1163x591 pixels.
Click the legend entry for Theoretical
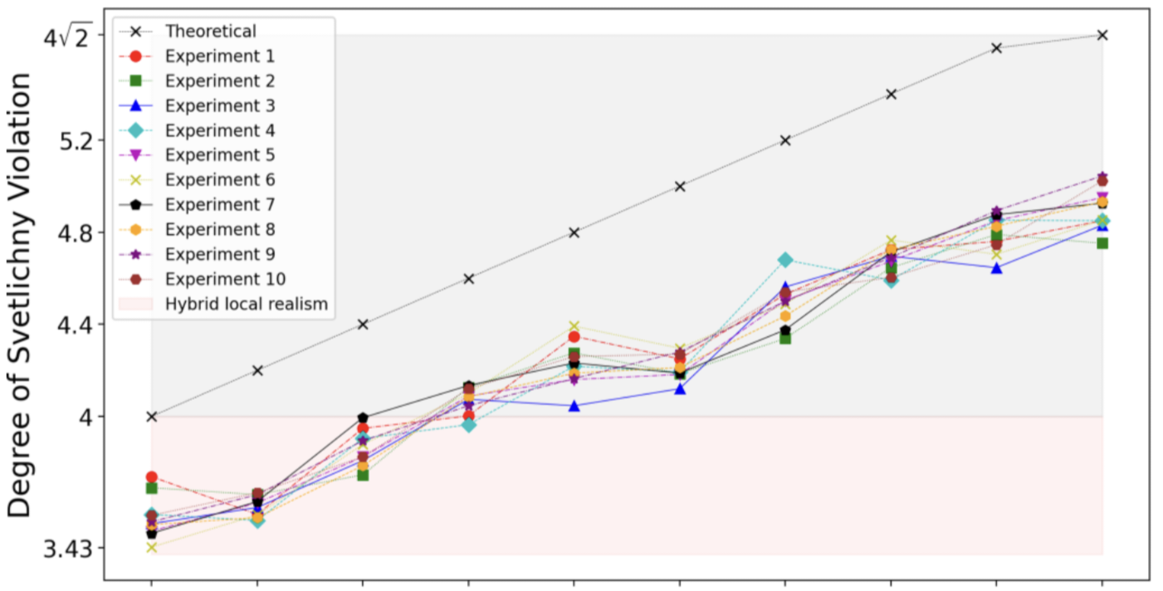210,32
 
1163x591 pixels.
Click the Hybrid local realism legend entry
246,304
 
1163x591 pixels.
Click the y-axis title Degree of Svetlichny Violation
20,295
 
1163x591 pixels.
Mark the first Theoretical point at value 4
151,416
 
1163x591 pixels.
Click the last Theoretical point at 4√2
1102,35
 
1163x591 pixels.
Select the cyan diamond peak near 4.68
785,260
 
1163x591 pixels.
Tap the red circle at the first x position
151,477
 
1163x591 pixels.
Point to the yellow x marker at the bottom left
151,547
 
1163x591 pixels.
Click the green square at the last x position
1102,243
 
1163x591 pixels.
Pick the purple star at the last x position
1102,177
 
